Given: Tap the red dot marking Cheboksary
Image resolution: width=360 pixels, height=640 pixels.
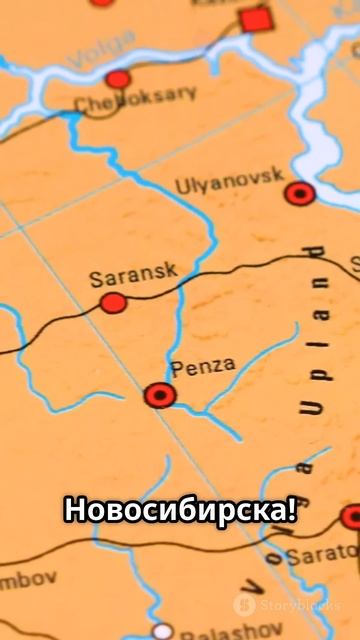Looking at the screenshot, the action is (118, 79).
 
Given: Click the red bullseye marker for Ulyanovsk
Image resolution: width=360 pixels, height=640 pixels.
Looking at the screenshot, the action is (299, 193).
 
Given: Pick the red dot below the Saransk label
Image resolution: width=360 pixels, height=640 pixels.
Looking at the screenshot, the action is (113, 302).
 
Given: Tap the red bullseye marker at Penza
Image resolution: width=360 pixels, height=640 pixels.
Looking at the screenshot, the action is (159, 395).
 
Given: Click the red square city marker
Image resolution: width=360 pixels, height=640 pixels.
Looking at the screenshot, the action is (256, 19).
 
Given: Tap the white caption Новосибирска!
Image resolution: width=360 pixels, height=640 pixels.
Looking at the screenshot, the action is (180, 509).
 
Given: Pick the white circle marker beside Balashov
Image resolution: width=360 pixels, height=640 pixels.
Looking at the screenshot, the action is (162, 631).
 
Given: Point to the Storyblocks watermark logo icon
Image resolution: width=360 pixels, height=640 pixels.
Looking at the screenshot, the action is (244, 605).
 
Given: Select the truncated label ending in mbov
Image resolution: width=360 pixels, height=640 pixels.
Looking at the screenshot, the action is (27, 579).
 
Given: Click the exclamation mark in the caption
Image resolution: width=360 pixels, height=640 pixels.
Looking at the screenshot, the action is (290, 509).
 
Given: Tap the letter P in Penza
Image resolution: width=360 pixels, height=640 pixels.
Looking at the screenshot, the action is (177, 369).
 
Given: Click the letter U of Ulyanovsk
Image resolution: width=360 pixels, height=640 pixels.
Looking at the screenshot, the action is (181, 186).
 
